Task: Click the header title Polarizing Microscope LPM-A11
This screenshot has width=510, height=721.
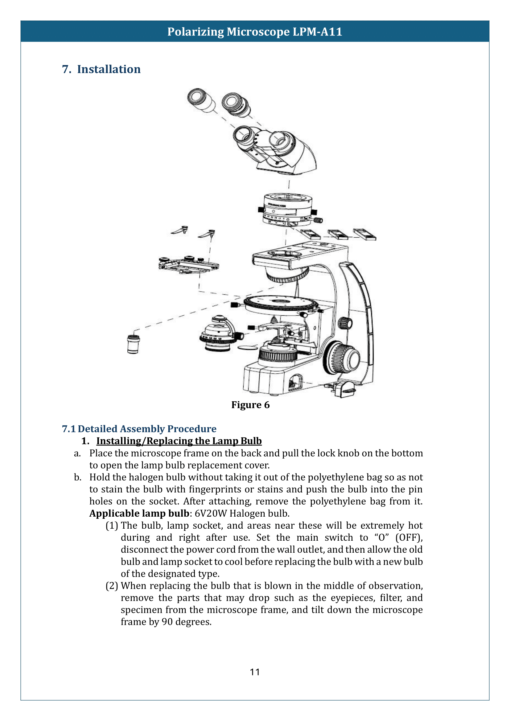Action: tap(255, 32)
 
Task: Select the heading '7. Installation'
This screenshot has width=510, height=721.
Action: tap(101, 69)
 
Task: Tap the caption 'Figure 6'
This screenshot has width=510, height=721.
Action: tap(250, 405)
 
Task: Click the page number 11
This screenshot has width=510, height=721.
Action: tap(255, 672)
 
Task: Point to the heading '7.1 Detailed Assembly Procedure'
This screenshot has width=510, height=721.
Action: tap(139, 429)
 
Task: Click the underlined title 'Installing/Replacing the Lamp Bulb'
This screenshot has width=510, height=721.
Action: tap(179, 441)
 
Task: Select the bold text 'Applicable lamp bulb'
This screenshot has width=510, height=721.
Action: tap(139, 513)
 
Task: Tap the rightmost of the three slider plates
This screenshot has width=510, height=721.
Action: tap(364, 234)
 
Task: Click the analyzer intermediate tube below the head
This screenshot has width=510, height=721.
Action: tap(287, 210)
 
